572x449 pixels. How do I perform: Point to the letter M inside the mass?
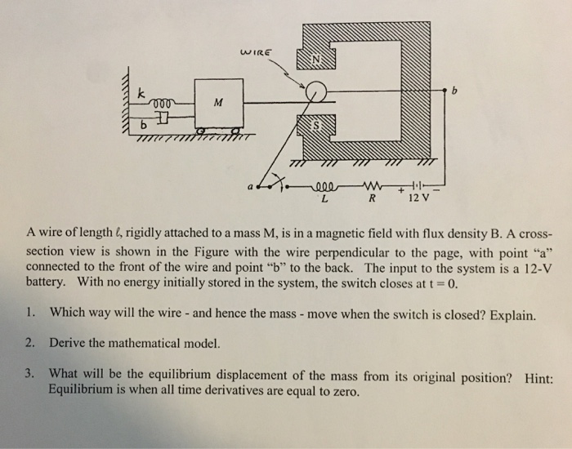click(216, 103)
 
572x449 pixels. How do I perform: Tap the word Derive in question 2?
click(69, 343)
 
